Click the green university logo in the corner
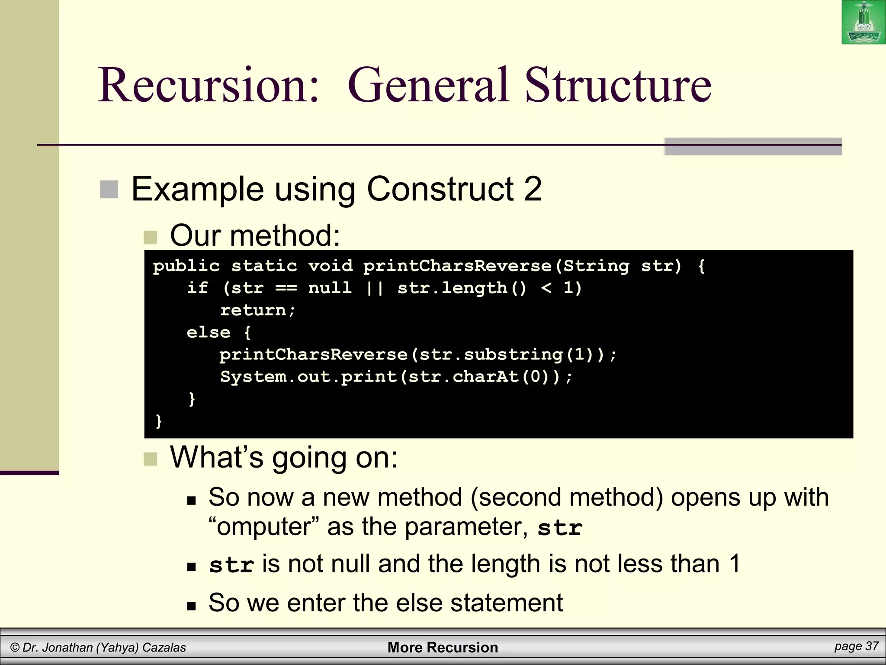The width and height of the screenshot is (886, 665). click(x=863, y=23)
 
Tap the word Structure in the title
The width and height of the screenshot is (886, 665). click(x=618, y=85)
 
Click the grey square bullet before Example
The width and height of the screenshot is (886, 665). click(x=109, y=190)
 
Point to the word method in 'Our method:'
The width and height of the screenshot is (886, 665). click(x=286, y=236)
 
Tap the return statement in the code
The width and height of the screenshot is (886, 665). click(x=258, y=310)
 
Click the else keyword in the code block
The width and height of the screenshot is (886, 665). click(x=209, y=332)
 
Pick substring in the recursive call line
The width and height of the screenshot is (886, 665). click(x=513, y=355)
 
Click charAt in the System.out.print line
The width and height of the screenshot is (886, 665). click(x=485, y=377)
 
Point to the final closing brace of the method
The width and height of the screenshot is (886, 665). click(x=159, y=421)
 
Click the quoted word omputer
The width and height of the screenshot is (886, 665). click(x=263, y=527)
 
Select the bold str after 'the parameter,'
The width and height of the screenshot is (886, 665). click(x=560, y=528)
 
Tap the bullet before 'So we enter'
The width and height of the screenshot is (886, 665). click(x=191, y=605)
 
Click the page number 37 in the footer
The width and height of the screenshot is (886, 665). click(x=870, y=646)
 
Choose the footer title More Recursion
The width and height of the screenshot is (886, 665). click(x=443, y=647)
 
